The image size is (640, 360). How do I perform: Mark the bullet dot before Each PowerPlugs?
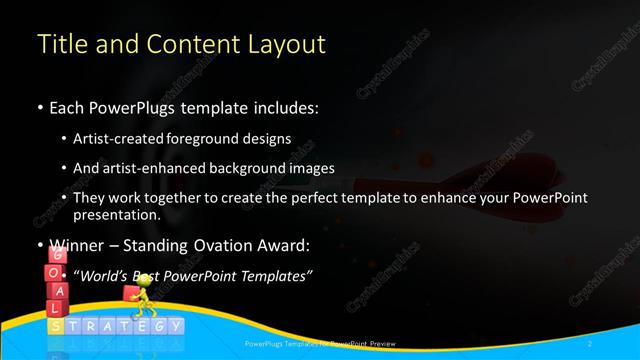click(x=38, y=107)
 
